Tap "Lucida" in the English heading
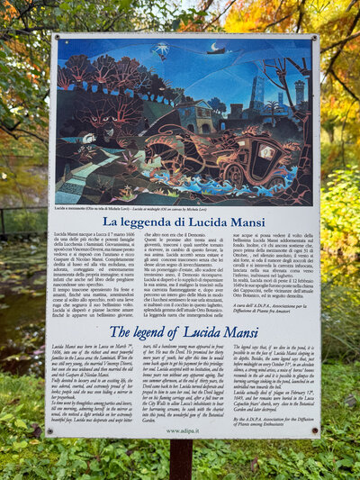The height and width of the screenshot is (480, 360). click(212, 331)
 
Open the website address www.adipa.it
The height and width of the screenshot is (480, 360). click(183, 430)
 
